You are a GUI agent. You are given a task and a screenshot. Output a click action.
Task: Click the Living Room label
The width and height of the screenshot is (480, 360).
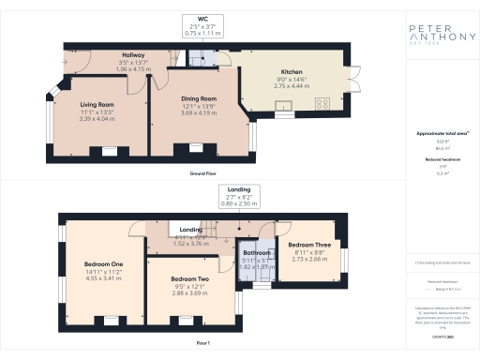96,105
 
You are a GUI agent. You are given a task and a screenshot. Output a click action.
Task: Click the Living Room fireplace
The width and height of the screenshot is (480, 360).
110,151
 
